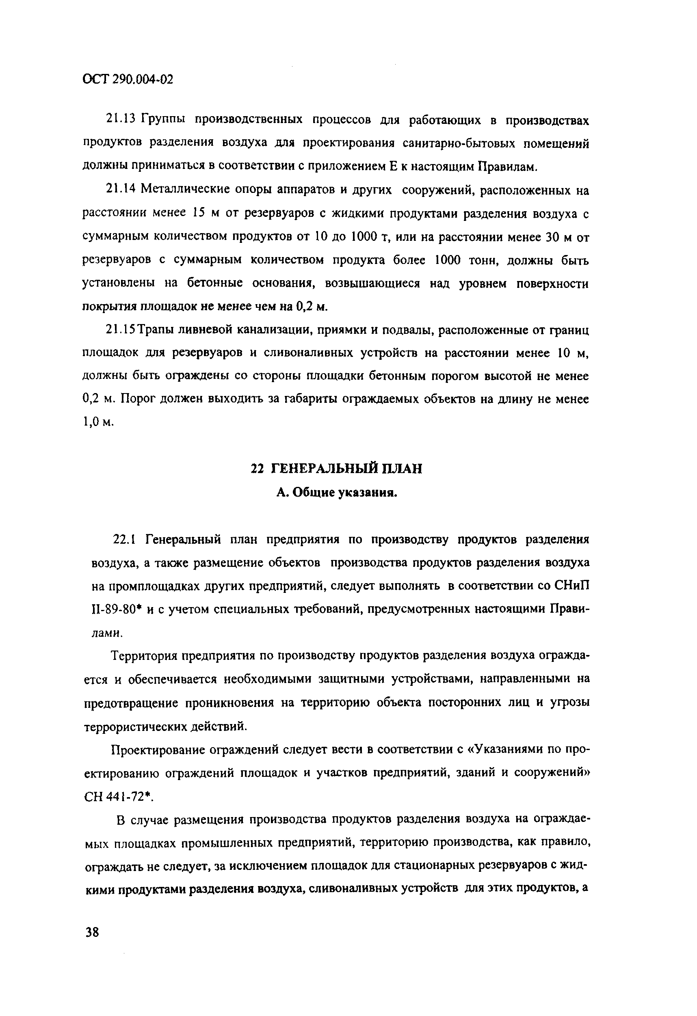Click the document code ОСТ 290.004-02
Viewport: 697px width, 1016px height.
(x=128, y=80)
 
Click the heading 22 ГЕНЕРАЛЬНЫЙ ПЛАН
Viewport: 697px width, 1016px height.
(x=336, y=469)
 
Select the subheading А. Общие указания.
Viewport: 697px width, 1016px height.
(x=337, y=493)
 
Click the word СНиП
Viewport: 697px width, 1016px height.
(x=572, y=586)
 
